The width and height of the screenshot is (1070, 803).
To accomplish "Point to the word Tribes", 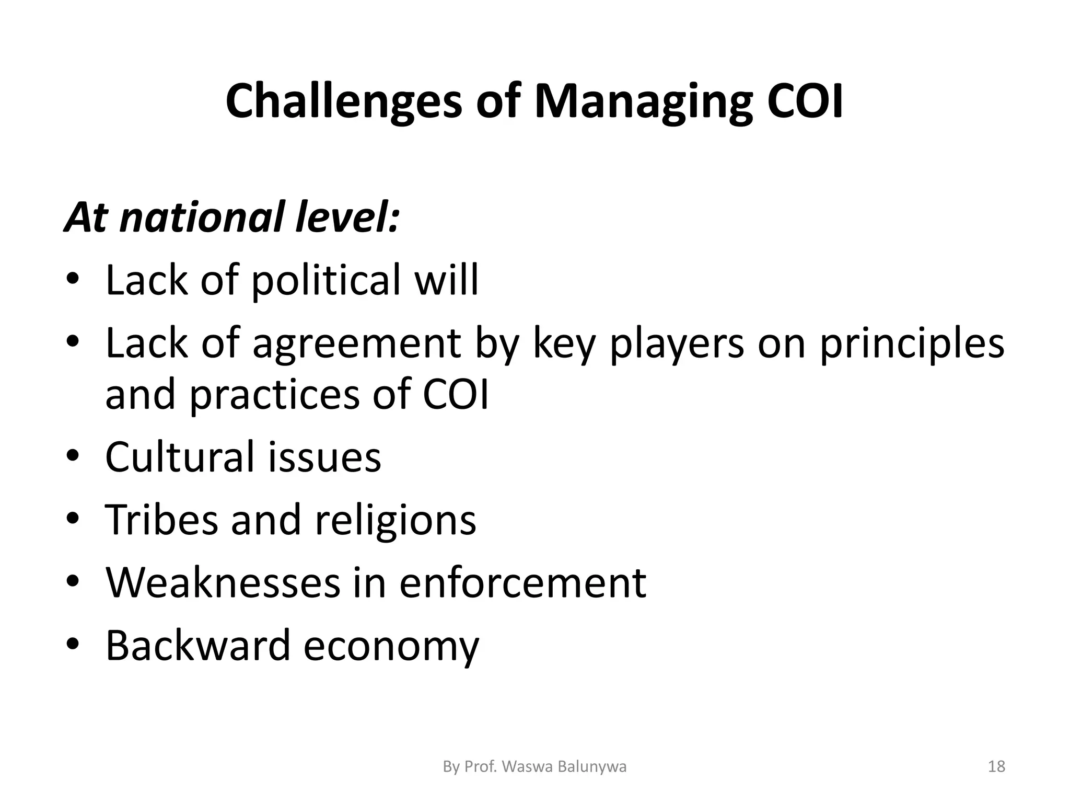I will point(161,520).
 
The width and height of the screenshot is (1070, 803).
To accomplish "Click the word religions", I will point(396,520).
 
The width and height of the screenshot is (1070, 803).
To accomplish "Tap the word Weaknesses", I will point(223,582).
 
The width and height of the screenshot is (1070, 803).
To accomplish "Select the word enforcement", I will point(522,582).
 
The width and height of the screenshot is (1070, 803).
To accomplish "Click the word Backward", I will point(197,646).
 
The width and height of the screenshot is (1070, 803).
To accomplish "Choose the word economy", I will point(391,646).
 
